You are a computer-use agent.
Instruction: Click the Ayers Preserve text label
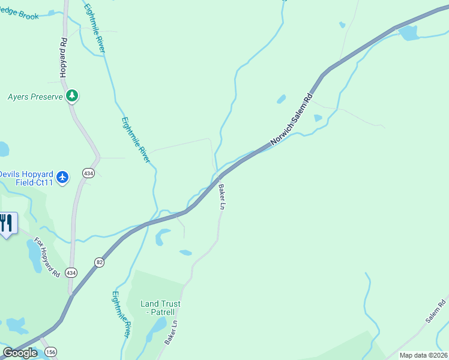tap(35, 96)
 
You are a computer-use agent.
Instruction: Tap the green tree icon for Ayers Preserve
tap(72, 95)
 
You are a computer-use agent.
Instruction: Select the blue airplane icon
tap(63, 177)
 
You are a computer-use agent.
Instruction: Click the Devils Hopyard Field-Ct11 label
tap(26, 178)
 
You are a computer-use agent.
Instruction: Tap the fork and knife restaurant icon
tap(6, 223)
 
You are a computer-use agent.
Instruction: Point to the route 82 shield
tap(99, 262)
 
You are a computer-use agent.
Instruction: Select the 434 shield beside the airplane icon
tap(88, 173)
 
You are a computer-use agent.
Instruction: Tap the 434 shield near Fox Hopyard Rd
tap(71, 272)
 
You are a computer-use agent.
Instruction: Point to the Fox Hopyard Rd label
tap(47, 257)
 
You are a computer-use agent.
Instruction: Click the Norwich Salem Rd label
tap(292, 119)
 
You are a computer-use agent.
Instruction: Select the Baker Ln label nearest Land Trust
tap(172, 331)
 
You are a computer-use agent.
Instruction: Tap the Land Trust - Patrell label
tap(160, 308)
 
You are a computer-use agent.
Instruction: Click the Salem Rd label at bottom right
tap(437, 309)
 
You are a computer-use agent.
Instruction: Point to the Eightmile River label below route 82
tap(121, 313)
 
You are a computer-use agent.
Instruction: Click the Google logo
tap(20, 353)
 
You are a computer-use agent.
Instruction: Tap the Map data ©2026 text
tap(423, 355)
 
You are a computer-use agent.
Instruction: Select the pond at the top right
tap(409, 32)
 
